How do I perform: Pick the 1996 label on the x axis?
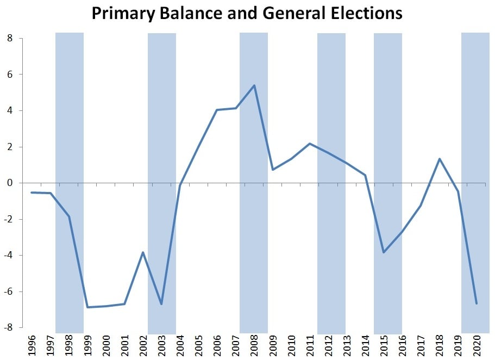[x=32, y=345]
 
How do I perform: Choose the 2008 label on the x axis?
[x=254, y=345]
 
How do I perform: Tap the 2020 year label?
[x=476, y=345]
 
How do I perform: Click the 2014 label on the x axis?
[x=365, y=345]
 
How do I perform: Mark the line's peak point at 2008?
[x=254, y=85]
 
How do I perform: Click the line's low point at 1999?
[x=87, y=307]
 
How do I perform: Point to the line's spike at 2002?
[x=143, y=252]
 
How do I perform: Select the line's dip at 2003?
[x=161, y=304]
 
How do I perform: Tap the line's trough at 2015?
[x=384, y=252]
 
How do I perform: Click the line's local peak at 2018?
[x=439, y=159]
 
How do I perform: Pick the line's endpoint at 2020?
[x=476, y=303]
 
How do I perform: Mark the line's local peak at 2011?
[x=310, y=144]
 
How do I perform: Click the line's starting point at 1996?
[x=32, y=193]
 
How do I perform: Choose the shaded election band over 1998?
[x=70, y=109]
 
